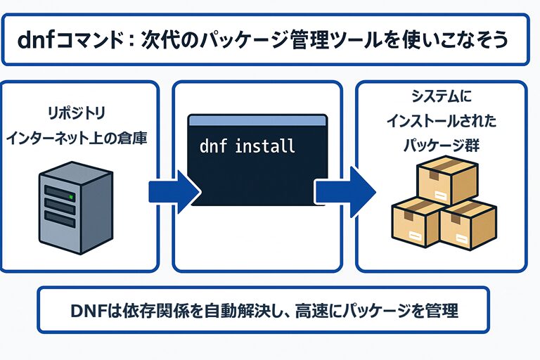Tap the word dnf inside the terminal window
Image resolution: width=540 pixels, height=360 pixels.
click(x=213, y=147)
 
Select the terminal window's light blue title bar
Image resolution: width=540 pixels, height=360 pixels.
click(x=257, y=122)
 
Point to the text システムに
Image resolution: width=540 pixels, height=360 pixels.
click(x=441, y=97)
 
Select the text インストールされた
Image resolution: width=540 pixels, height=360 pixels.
click(x=441, y=121)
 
